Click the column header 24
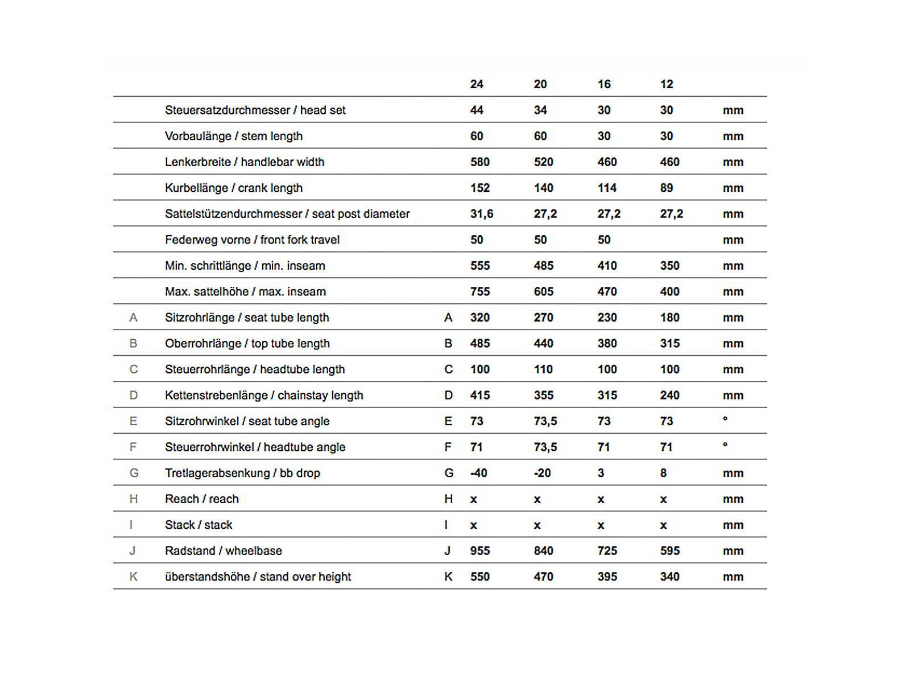[477, 84]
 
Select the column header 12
[667, 84]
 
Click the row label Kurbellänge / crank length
[234, 188]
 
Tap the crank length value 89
[667, 188]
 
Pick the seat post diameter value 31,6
[482, 214]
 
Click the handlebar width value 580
[480, 162]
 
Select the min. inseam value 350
[669, 266]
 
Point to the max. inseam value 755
[480, 291]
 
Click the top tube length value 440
[543, 343]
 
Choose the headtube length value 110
[543, 369]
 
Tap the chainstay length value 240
[669, 395]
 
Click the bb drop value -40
[479, 473]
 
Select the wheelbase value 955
[480, 550]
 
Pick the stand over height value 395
[607, 577]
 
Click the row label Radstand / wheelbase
[224, 550]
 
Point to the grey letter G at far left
[134, 473]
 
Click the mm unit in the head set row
[733, 110]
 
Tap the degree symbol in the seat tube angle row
[725, 419]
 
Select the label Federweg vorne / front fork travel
[252, 240]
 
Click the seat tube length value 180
[669, 318]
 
